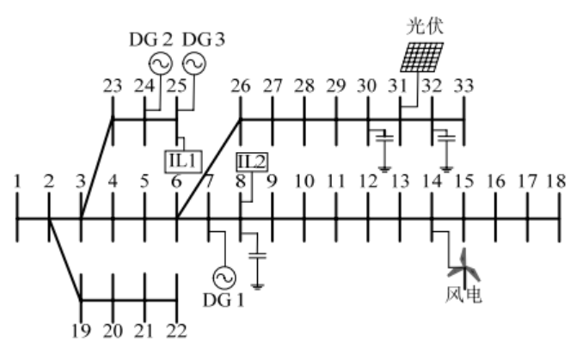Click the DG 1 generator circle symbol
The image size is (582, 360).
coord(224,278)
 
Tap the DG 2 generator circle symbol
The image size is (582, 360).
coord(161,64)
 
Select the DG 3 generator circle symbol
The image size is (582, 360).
coord(193,64)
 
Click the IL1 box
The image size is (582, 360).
coord(183,162)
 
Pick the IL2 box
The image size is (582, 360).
coord(252,162)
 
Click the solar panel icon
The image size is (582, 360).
coord(421,58)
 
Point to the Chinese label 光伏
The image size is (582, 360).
coord(425,27)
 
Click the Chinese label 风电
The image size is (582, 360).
coord(463,295)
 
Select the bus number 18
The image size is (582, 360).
coord(556,181)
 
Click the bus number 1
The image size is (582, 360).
coord(16,181)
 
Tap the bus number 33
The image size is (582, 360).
coord(464,86)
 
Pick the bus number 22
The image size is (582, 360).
coord(177,331)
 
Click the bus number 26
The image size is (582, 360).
coord(241,86)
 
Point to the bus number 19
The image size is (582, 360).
coord(81,331)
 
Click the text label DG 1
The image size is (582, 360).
coord(224,300)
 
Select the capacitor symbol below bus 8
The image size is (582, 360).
coord(257,256)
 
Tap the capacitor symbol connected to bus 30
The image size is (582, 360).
coord(384,139)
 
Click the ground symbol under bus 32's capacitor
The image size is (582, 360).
coord(446,170)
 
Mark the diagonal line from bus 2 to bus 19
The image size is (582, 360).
coord(65,259)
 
